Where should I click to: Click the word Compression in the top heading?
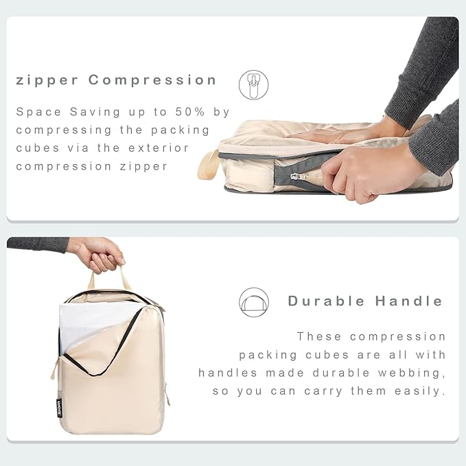click(x=152, y=80)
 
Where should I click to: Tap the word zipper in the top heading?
click(x=47, y=80)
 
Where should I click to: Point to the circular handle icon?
click(x=253, y=302)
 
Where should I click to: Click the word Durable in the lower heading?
click(x=327, y=301)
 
